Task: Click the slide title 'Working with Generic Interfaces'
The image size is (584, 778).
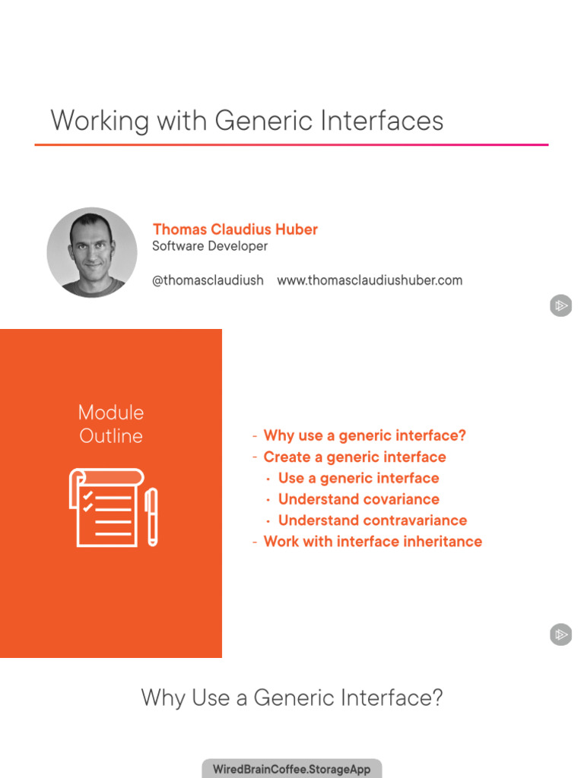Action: coord(246,122)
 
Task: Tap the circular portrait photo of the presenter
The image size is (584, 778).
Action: coord(92,251)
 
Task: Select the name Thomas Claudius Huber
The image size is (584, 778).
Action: coord(235,229)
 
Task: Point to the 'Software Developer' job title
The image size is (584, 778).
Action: coord(210,246)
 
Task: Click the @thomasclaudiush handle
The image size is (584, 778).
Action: coord(208,280)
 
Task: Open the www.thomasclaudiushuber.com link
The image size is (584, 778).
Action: coord(370,280)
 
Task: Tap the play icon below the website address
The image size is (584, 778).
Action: coord(560,306)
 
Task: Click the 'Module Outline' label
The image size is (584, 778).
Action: coord(111,424)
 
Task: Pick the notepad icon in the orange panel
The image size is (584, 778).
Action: coord(106,507)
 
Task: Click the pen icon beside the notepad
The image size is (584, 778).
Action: coord(151,517)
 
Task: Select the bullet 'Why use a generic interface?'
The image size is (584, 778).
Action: coord(364,435)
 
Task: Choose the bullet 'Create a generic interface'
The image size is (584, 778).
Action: coord(354,457)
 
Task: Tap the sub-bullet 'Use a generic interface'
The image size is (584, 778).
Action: coord(358,478)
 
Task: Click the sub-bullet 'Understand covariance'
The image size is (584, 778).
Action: coord(358,499)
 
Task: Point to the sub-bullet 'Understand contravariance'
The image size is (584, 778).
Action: coord(372,520)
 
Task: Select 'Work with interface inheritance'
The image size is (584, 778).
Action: coord(373,542)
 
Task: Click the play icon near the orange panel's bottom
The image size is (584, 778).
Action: coord(560,634)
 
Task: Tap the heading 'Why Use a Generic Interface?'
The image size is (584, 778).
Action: coord(292,697)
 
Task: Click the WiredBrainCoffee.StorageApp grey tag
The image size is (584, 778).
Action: coord(292,769)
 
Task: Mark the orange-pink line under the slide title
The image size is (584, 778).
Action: coord(291,144)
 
